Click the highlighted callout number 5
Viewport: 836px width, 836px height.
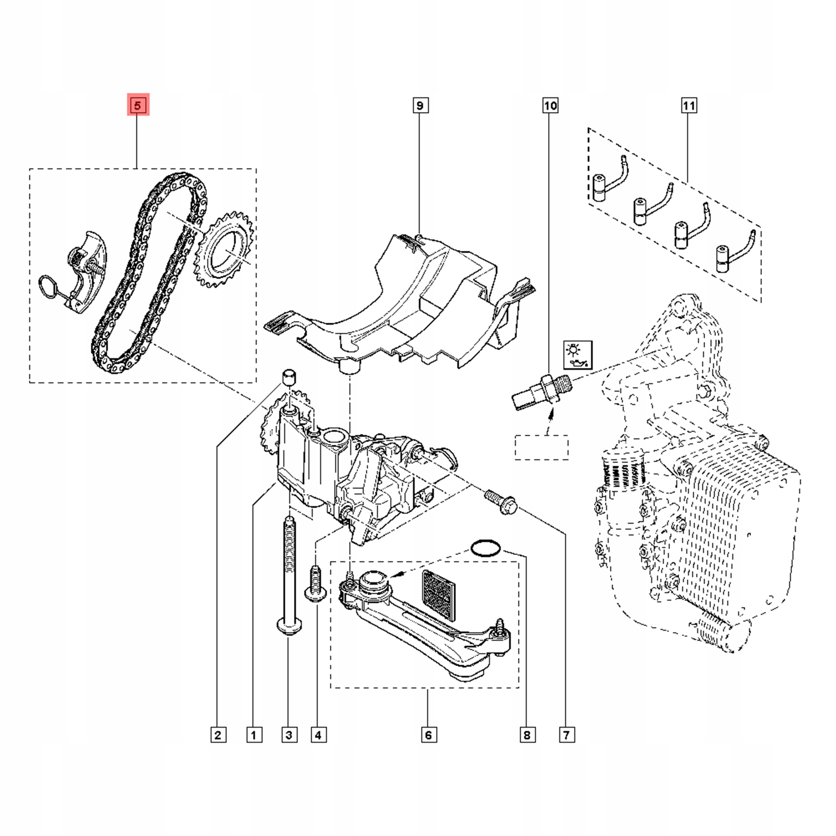(x=137, y=105)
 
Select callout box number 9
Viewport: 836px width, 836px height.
(x=420, y=105)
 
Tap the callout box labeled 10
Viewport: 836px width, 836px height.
(x=550, y=105)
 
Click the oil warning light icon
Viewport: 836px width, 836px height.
(x=578, y=354)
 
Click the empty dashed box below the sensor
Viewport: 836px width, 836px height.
(x=541, y=447)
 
